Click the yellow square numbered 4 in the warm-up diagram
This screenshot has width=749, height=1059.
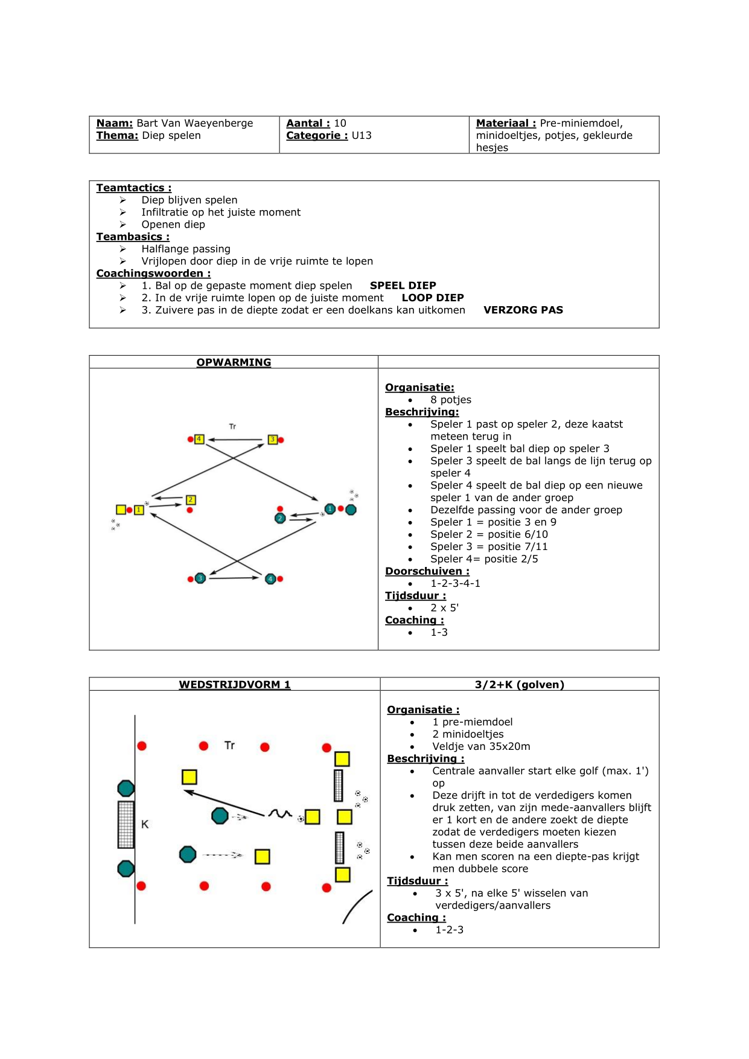[x=199, y=439]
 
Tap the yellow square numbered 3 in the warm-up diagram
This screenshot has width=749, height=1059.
[x=273, y=440]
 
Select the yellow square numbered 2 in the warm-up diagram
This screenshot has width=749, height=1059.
[x=191, y=500]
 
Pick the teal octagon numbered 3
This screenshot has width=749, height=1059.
[x=200, y=578]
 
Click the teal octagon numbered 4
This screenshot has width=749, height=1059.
[x=270, y=579]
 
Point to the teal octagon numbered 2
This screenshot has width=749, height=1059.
[x=280, y=518]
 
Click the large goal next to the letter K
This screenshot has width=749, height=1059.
[x=126, y=825]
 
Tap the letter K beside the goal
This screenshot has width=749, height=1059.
[x=145, y=824]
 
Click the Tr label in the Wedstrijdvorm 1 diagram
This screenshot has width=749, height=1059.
[x=229, y=746]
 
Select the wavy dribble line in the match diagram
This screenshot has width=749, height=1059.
[x=280, y=814]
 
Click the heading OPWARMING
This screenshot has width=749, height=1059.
[x=234, y=362]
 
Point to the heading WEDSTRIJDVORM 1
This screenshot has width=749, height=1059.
[x=235, y=685]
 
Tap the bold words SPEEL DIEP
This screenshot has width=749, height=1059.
[x=403, y=286]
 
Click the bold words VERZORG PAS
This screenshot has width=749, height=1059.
[x=523, y=310]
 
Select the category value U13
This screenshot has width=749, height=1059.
[x=362, y=135]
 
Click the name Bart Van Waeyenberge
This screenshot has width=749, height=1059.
[x=194, y=123]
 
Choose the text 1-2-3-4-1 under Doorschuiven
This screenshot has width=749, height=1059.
[x=455, y=583]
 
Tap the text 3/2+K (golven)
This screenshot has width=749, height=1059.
[x=519, y=685]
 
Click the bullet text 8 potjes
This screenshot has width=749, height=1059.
[x=450, y=400]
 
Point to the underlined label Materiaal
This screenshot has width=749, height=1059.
[x=505, y=123]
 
